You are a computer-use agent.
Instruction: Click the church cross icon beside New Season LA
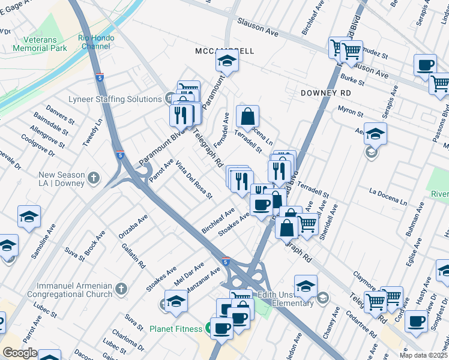coord(93,178)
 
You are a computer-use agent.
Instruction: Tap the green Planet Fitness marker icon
coord(208,328)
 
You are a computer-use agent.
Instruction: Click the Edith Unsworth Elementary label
coord(285,299)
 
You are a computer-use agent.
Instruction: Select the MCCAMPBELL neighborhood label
coord(224,51)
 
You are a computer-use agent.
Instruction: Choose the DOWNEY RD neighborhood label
coord(326,94)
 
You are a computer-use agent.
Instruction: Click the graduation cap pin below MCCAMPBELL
coord(228,62)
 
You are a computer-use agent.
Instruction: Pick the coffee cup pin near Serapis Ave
coord(426,65)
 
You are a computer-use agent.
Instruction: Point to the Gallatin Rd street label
coord(133,254)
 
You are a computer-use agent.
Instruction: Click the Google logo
coord(19,353)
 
